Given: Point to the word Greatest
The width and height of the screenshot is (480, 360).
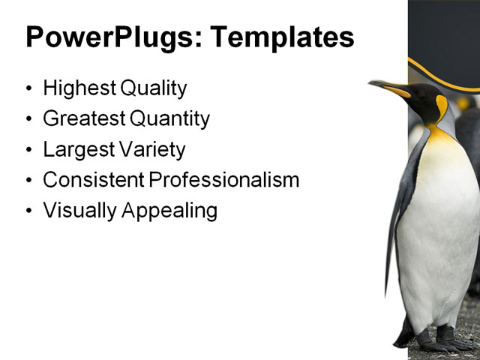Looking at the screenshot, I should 83,119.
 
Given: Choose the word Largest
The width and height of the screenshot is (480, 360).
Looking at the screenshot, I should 76,149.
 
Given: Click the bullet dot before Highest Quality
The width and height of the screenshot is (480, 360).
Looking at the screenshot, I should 29,89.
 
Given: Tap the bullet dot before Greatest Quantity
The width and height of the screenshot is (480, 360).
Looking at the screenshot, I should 29,120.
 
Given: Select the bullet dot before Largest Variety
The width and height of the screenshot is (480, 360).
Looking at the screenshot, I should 29,150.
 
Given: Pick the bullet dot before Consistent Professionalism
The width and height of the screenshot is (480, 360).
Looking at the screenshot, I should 29,181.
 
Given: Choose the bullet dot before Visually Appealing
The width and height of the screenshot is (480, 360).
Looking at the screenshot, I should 29,211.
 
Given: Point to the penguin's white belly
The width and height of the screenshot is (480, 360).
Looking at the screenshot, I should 439,232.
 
